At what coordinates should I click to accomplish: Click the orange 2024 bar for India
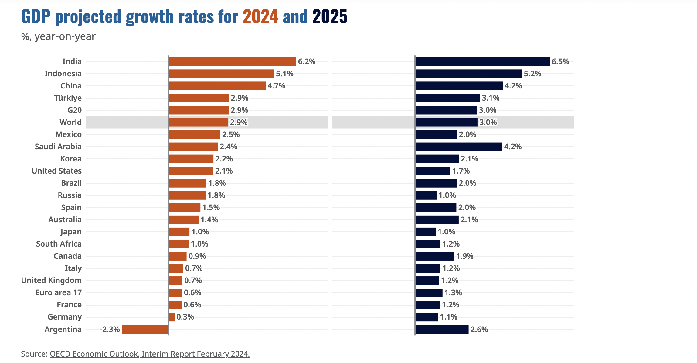(x=232, y=61)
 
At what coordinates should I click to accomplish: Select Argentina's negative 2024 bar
(x=145, y=329)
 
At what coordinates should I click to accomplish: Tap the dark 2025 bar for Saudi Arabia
(x=459, y=147)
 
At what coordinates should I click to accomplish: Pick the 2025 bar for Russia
(x=426, y=195)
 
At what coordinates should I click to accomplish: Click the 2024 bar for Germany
(x=172, y=317)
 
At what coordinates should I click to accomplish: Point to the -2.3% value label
(x=110, y=329)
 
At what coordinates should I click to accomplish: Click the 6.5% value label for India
(x=560, y=61)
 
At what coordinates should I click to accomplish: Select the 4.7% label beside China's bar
(x=276, y=86)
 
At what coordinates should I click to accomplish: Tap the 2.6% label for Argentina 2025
(x=479, y=329)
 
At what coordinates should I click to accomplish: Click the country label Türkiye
(x=68, y=98)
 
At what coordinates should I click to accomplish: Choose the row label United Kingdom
(x=51, y=280)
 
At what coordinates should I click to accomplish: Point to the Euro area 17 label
(x=58, y=292)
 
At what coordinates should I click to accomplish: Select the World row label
(x=70, y=122)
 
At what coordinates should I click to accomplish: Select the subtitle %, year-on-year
(x=58, y=36)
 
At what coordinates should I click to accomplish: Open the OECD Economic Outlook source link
(x=150, y=354)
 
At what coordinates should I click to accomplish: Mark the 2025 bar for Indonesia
(x=468, y=74)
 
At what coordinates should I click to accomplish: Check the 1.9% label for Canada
(x=464, y=256)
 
